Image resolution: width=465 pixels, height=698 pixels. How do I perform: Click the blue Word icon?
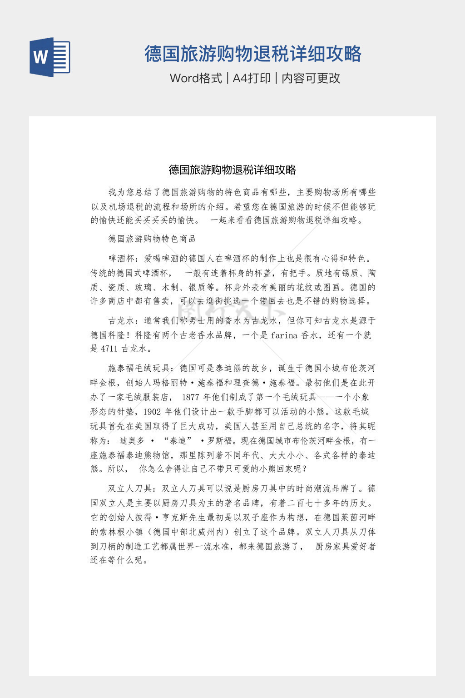[49, 57]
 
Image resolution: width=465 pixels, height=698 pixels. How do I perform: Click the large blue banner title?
[253, 54]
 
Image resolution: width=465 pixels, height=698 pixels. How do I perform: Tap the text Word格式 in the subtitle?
[196, 78]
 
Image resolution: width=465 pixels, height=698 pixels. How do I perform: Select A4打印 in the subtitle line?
[252, 78]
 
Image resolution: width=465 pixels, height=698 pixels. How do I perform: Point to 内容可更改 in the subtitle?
[311, 78]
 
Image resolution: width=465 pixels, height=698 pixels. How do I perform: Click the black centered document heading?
[232, 170]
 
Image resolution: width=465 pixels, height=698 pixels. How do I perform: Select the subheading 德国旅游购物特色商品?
[152, 239]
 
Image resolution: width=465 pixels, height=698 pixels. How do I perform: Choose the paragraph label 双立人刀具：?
[130, 489]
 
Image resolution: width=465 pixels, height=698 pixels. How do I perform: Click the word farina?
[284, 335]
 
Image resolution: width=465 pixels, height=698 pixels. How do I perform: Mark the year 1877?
[191, 397]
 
